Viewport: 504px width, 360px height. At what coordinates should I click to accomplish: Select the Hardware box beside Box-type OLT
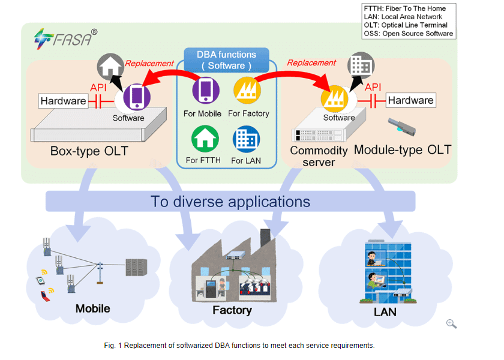point(63,101)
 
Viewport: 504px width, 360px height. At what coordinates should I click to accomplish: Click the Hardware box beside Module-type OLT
point(410,100)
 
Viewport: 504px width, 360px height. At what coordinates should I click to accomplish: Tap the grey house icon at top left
point(113,67)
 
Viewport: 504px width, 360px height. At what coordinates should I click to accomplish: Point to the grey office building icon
point(361,65)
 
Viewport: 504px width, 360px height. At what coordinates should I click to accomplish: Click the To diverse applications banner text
point(230,201)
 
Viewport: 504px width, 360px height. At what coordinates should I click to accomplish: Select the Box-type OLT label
point(89,150)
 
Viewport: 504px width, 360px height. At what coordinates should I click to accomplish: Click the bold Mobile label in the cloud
point(92,308)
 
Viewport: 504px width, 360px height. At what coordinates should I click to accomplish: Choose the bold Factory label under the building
point(232,310)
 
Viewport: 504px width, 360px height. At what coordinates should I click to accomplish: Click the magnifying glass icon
point(451,324)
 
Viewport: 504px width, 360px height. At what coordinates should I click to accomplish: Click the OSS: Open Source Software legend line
point(408,34)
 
